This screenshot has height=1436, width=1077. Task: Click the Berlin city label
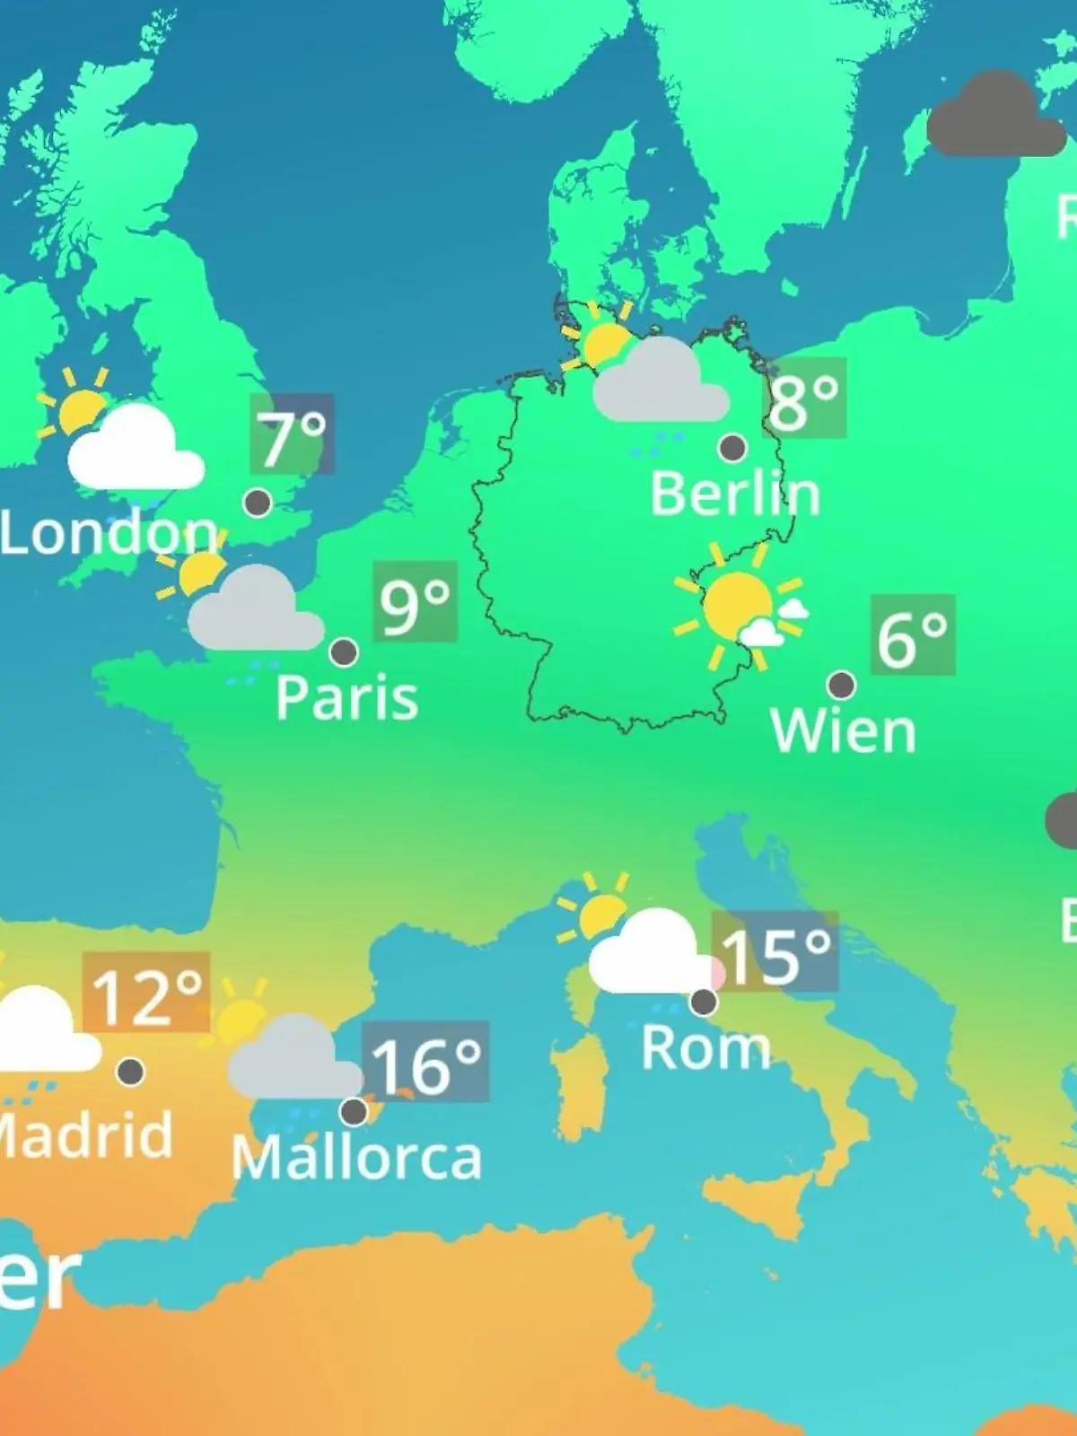coord(735,495)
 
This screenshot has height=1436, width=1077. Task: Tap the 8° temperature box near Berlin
coord(804,399)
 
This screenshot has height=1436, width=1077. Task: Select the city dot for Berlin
coord(732,447)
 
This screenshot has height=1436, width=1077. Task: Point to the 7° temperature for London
coord(293,434)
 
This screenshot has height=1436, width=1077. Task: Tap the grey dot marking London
coord(258,503)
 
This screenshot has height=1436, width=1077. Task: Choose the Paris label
coord(346,697)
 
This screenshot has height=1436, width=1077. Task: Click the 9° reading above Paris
coord(415,602)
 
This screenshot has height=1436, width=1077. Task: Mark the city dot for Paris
coord(344,652)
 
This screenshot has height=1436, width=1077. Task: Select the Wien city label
coord(843,731)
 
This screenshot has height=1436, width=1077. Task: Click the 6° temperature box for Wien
coord(912,635)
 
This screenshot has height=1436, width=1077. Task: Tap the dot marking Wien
coord(841,685)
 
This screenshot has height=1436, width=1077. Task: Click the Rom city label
coord(705,1047)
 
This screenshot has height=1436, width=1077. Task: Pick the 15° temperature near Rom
coord(776,952)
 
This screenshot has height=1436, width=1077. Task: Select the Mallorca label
coord(356,1158)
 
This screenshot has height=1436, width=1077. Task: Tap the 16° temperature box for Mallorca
coord(426,1063)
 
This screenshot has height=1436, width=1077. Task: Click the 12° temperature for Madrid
coord(146,994)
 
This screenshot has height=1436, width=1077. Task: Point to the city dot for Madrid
coord(130,1071)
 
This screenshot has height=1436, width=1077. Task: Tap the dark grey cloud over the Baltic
coord(994,117)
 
